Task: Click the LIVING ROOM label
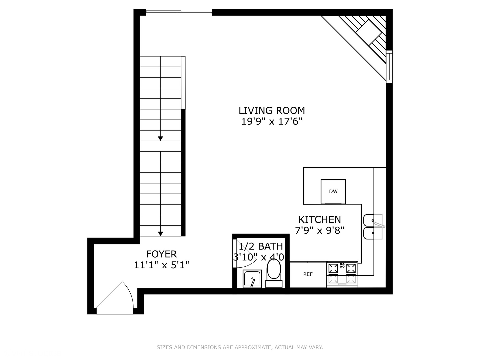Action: pos(272,110)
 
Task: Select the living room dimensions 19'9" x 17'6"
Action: pos(272,121)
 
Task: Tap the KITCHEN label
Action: pos(319,219)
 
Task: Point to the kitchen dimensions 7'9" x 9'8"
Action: pos(319,230)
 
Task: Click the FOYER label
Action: pos(161,254)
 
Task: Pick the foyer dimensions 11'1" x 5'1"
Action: pos(161,265)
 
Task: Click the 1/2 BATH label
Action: pos(261,246)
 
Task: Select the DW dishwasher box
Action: pos(333,191)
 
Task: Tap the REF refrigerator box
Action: pos(308,274)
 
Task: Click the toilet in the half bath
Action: pos(274,272)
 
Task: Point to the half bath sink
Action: pos(252,278)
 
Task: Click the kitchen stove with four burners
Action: pos(342,273)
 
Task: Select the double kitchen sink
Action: pos(373,227)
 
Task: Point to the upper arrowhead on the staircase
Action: pos(160,138)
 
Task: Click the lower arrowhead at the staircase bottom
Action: pos(160,234)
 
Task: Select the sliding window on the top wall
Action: pos(179,13)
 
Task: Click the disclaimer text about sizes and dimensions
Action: pos(240,347)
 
